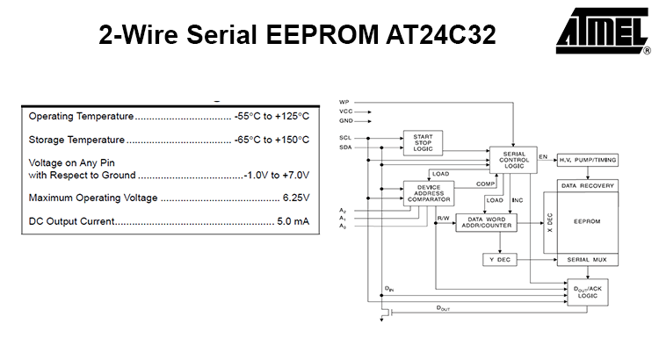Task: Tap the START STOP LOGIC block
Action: click(423, 142)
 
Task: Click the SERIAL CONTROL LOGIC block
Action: click(513, 160)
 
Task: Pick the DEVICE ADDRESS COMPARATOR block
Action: click(428, 193)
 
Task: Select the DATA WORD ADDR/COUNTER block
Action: click(486, 223)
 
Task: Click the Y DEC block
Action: click(499, 260)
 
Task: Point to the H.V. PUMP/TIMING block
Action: click(588, 160)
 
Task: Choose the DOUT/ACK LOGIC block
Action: click(587, 292)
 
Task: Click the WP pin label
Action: click(344, 103)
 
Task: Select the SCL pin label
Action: click(344, 139)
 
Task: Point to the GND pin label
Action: click(345, 120)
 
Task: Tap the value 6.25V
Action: click(295, 198)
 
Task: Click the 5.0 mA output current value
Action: click(293, 221)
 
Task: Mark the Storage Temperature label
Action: click(77, 140)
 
